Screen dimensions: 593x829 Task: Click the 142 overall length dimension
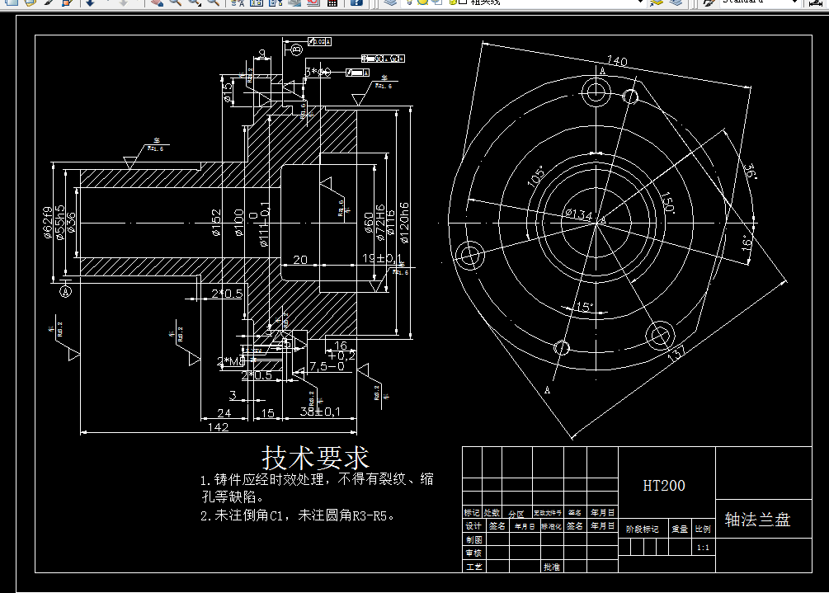point(219,426)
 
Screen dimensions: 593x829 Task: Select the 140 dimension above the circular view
point(616,61)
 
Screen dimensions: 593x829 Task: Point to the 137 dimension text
point(676,355)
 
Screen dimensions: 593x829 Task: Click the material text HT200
point(664,486)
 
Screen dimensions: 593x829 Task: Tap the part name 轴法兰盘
point(757,520)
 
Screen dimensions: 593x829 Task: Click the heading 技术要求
point(315,457)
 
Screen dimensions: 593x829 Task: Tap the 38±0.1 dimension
point(320,412)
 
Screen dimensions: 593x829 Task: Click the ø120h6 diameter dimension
point(403,223)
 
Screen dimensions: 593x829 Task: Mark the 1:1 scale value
point(703,548)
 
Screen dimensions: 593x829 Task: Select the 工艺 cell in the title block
point(473,567)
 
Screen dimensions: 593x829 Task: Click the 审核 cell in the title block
point(473,553)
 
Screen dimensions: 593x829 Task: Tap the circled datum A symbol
point(67,290)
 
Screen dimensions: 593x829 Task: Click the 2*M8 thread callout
point(230,361)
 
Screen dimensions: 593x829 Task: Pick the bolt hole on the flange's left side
point(472,252)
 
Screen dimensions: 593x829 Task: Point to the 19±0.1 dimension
point(383,260)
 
